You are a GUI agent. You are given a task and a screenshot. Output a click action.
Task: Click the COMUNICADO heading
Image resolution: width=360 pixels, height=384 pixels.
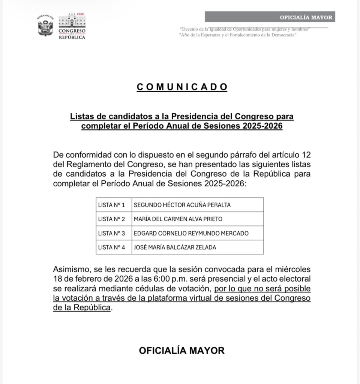182,87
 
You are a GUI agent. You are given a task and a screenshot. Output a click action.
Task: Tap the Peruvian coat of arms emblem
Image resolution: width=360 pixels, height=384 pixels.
45,26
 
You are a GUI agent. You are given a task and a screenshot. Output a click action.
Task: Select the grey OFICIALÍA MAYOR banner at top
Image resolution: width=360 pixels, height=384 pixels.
270,17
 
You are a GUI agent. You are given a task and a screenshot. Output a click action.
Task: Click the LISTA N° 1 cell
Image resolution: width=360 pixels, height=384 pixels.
111,205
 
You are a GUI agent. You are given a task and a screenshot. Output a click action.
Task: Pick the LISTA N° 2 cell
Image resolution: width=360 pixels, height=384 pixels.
111,219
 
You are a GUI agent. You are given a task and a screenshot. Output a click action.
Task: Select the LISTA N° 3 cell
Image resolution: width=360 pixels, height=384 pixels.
111,233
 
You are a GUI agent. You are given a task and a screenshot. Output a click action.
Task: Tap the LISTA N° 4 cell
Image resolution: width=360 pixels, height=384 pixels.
111,247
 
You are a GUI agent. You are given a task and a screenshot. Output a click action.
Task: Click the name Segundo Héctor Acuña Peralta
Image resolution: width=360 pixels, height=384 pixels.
182,205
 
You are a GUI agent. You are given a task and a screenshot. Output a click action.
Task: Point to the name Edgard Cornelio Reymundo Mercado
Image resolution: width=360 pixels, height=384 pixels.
191,233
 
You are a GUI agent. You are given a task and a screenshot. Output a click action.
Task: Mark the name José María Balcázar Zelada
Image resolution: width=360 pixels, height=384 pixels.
175,247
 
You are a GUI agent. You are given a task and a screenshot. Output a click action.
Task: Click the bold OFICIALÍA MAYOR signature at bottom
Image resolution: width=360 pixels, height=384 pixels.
181,351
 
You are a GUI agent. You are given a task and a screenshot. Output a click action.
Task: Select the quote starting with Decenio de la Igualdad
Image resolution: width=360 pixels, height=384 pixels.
244,29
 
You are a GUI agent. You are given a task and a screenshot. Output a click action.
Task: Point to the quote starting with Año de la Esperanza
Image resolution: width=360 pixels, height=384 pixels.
238,34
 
